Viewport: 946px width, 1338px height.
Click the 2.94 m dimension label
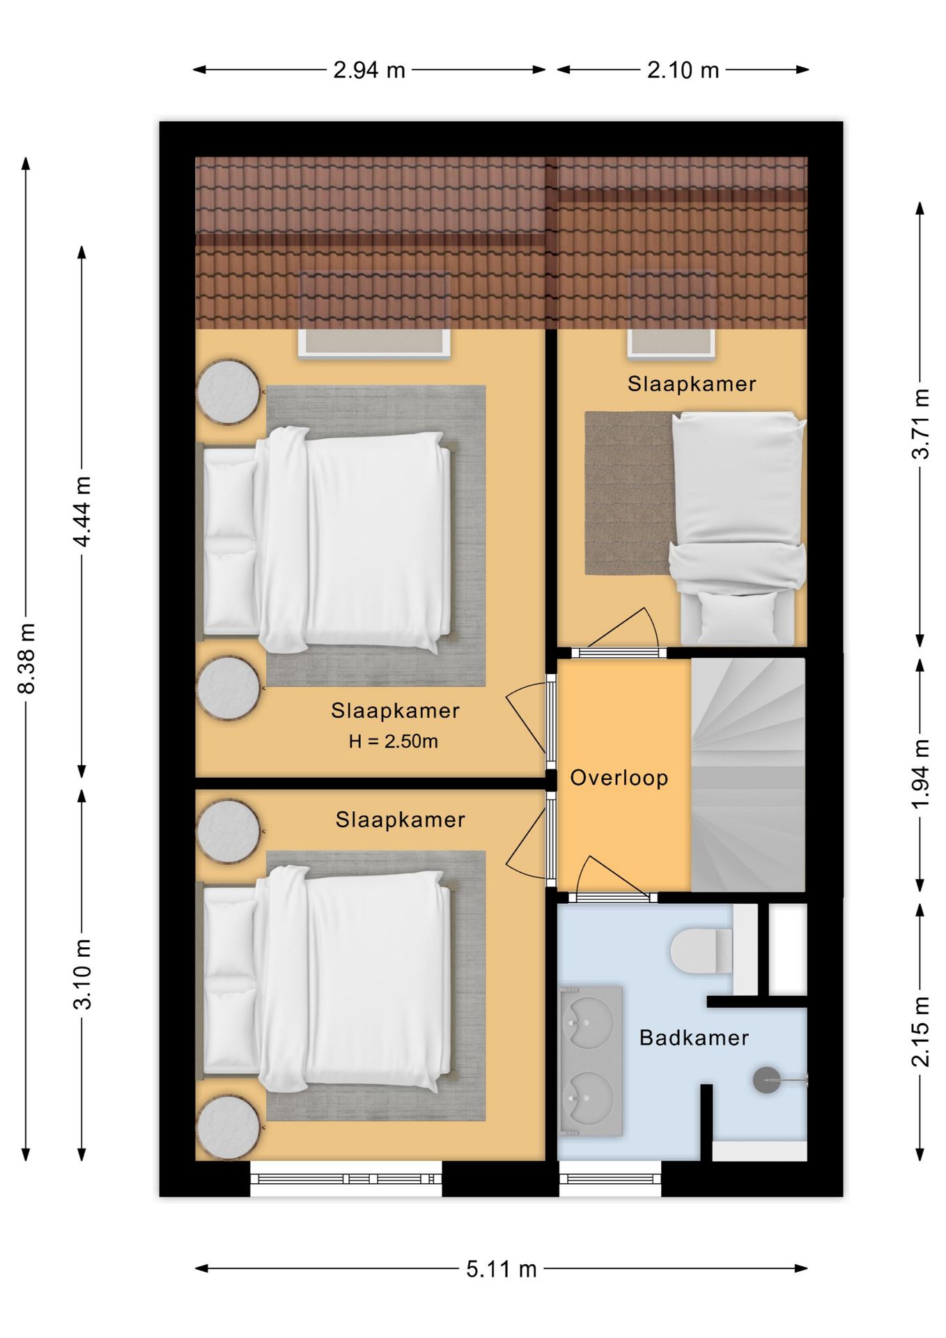click(x=369, y=70)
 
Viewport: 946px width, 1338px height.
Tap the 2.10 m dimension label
click(x=683, y=70)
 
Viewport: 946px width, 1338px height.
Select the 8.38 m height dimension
click(x=26, y=659)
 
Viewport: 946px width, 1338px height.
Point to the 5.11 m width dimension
click(x=502, y=1269)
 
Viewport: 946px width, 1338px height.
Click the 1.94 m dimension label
click(x=920, y=774)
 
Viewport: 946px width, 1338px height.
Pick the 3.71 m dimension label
click(x=920, y=424)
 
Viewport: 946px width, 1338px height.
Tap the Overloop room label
click(x=619, y=778)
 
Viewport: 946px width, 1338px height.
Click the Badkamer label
click(x=694, y=1038)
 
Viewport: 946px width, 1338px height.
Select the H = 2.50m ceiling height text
click(x=394, y=741)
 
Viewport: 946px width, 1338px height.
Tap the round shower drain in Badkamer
click(x=767, y=1080)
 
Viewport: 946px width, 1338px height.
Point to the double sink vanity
click(x=591, y=1060)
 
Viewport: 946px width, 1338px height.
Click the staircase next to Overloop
click(x=748, y=775)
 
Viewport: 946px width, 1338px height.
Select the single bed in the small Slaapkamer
click(x=738, y=527)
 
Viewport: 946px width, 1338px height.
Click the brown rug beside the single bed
click(x=629, y=493)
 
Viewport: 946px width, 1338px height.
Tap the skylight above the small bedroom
click(x=672, y=314)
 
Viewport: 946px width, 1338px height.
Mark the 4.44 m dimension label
click(x=82, y=512)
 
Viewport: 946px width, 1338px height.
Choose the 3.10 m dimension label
click(x=82, y=974)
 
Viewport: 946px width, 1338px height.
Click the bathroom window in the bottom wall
click(x=610, y=1178)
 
